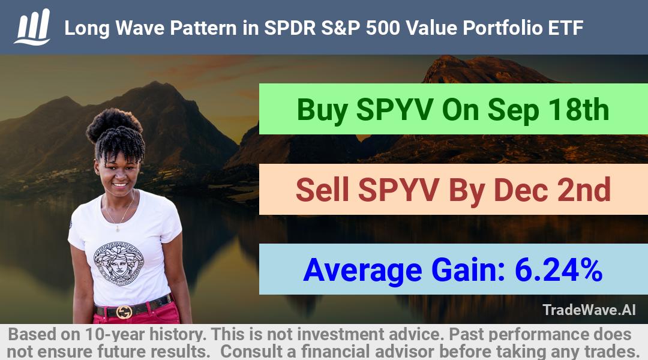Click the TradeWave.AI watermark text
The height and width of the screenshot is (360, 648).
589,310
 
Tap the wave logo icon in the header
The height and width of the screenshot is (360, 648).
32,27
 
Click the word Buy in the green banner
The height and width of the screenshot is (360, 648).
322,110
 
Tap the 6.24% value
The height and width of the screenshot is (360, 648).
559,270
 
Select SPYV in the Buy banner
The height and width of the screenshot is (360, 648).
395,110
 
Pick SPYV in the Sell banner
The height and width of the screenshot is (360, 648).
398,190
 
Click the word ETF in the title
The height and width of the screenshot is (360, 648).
565,28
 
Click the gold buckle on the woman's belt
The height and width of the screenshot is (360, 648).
124,312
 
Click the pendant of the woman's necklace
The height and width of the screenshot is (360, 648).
118,227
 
